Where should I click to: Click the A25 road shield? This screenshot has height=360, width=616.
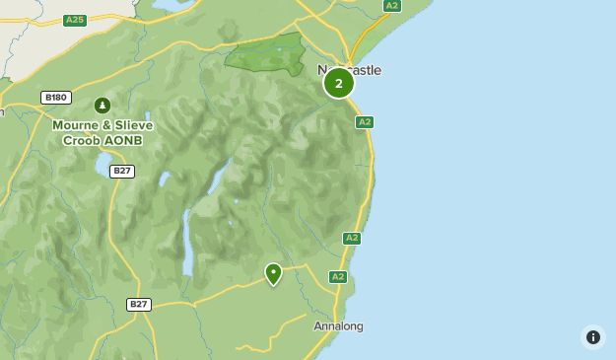tap(74, 20)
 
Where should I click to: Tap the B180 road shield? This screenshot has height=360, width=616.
tap(56, 97)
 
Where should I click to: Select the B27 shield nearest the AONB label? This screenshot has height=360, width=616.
tap(122, 171)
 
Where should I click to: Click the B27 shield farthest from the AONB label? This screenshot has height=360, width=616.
tap(139, 305)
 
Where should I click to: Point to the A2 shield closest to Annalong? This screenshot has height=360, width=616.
tap(338, 277)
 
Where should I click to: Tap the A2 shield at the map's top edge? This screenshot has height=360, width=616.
tap(392, 6)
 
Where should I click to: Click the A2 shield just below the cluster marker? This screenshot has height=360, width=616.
tap(364, 122)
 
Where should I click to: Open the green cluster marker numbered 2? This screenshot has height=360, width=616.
tap(339, 83)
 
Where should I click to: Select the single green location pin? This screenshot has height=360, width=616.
tap(273, 273)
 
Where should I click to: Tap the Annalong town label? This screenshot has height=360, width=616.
tap(338, 326)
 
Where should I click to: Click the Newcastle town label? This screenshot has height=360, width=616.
tap(349, 70)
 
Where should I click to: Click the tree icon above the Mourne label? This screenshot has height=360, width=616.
tap(102, 105)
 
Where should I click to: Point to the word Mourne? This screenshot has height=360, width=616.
tap(78, 125)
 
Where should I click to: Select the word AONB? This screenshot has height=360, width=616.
tap(124, 140)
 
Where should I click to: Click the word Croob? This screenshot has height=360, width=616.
tap(83, 140)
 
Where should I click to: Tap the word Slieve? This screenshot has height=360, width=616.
tap(134, 125)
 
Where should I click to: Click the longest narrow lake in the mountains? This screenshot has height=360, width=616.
tap(186, 242)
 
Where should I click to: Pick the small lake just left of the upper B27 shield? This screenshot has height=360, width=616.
tap(101, 172)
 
